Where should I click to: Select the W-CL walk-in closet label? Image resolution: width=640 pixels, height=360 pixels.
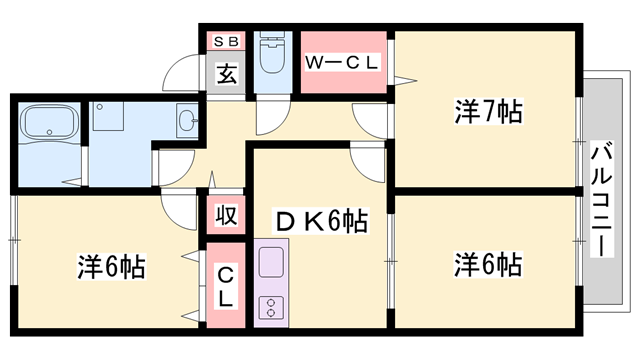(x=343, y=62)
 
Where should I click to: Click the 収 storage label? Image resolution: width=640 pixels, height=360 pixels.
(x=225, y=214)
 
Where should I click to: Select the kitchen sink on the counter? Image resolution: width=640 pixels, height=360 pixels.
(x=272, y=263)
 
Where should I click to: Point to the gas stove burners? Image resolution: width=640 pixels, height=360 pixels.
(x=272, y=306)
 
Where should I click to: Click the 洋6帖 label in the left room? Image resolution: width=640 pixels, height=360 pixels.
(x=113, y=268)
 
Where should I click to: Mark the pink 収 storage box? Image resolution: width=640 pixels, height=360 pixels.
(x=225, y=215)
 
